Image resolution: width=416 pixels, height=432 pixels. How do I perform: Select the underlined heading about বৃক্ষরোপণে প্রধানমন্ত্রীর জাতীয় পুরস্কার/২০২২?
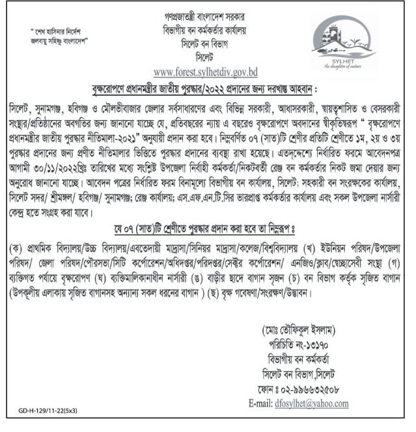(208, 88)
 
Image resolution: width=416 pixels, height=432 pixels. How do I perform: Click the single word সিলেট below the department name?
(208, 53)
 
